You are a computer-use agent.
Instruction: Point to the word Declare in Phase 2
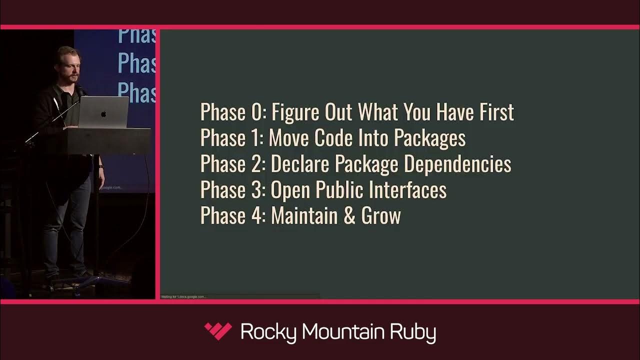pos(300,164)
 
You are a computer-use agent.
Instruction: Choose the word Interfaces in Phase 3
pos(407,190)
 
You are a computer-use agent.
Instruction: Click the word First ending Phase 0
pos(495,112)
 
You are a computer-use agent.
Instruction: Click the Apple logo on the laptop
pos(103,114)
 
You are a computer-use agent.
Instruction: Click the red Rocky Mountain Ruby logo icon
pos(218,331)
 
